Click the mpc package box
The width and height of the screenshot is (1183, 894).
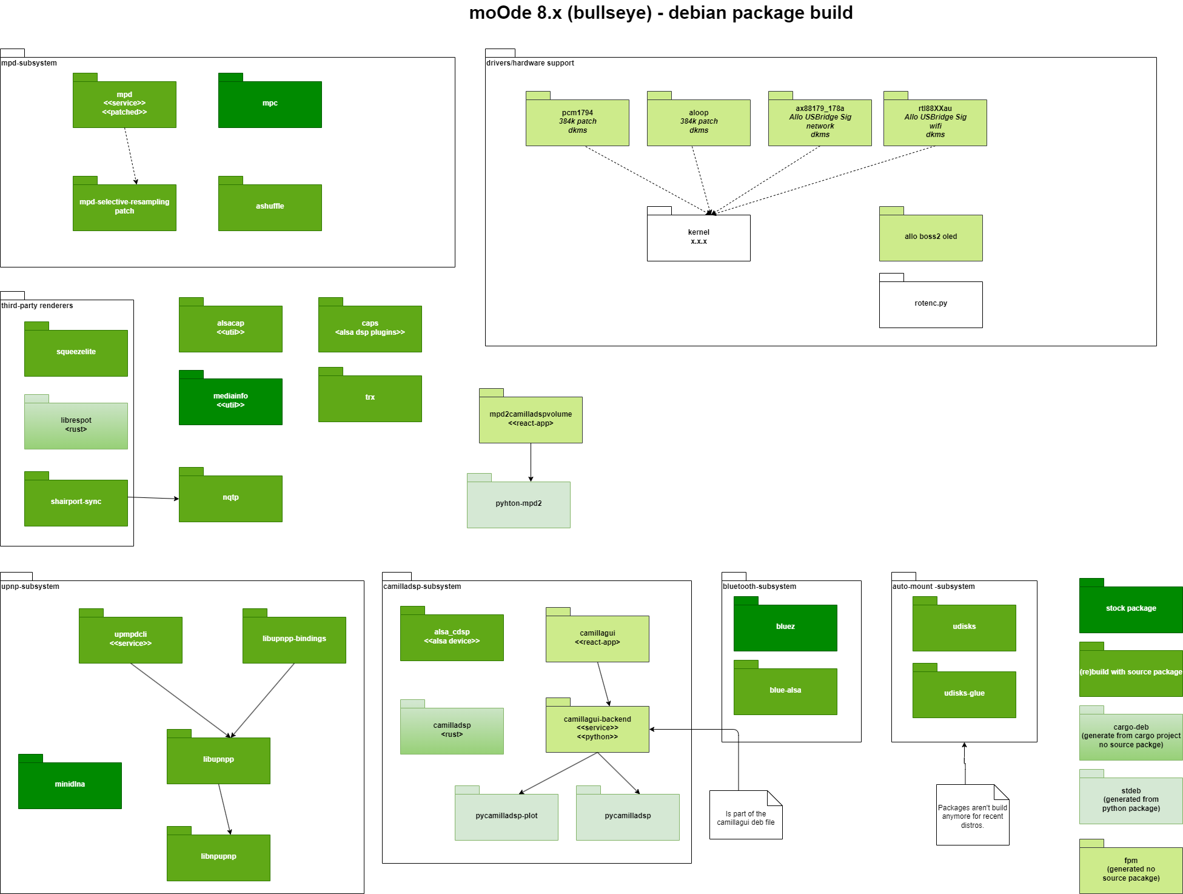[270, 104]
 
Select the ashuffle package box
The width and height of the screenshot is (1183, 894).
[270, 207]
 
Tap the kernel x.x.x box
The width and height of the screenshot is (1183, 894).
[699, 237]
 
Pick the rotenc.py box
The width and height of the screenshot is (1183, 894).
[931, 304]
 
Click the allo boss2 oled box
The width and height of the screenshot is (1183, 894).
[931, 237]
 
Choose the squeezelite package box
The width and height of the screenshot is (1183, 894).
[76, 352]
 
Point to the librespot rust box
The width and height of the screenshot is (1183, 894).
[76, 425]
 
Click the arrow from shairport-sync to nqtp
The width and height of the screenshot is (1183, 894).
[153, 498]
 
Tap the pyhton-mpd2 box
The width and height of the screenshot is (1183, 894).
[518, 504]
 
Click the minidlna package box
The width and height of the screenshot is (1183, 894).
[70, 785]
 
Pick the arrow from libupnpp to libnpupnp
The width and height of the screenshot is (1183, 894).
[224, 809]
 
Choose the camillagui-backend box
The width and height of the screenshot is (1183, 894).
[597, 728]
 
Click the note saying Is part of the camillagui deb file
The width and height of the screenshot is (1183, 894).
[746, 818]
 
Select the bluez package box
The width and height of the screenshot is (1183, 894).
[785, 627]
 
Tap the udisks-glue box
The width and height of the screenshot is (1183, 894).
[964, 694]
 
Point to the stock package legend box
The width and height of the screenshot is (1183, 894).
[1131, 609]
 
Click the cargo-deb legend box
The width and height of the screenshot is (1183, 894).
[1131, 736]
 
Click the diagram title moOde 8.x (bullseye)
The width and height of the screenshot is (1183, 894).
[661, 13]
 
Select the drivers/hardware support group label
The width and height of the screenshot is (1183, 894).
[530, 63]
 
